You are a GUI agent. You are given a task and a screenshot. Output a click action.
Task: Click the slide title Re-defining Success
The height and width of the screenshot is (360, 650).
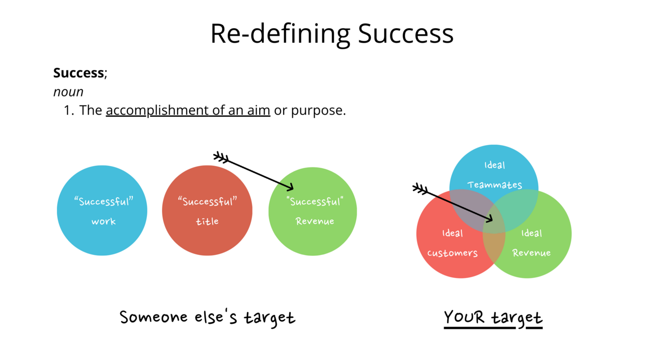(332, 34)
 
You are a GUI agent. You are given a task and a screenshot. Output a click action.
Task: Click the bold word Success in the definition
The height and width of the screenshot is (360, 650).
(78, 73)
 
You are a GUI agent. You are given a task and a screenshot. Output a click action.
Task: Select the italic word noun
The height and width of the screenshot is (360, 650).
(68, 92)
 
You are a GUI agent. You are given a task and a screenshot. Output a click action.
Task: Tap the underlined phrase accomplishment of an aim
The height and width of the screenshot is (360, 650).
(188, 110)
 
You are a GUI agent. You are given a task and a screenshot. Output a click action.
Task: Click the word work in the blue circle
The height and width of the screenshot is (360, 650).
(103, 221)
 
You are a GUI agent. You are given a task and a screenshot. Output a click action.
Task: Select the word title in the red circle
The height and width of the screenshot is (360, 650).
(207, 221)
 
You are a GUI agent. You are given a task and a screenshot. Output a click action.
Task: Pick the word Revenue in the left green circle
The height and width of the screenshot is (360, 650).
(314, 221)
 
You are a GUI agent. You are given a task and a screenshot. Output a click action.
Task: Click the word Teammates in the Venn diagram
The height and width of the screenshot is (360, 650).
(495, 185)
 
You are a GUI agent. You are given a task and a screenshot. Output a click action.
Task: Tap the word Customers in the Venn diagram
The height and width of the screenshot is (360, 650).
(452, 253)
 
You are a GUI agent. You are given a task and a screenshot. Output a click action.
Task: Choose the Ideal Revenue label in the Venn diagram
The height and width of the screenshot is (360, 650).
(531, 243)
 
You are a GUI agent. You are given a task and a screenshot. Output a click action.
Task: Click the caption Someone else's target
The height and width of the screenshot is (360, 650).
(207, 318)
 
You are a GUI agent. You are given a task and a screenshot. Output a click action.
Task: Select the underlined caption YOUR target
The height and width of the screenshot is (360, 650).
(493, 318)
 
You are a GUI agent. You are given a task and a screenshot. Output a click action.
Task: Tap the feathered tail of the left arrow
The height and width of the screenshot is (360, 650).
(220, 157)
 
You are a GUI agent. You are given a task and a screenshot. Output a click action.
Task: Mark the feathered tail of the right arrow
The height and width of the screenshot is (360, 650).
(419, 189)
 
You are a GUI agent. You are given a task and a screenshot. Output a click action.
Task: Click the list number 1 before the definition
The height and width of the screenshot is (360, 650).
(69, 111)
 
